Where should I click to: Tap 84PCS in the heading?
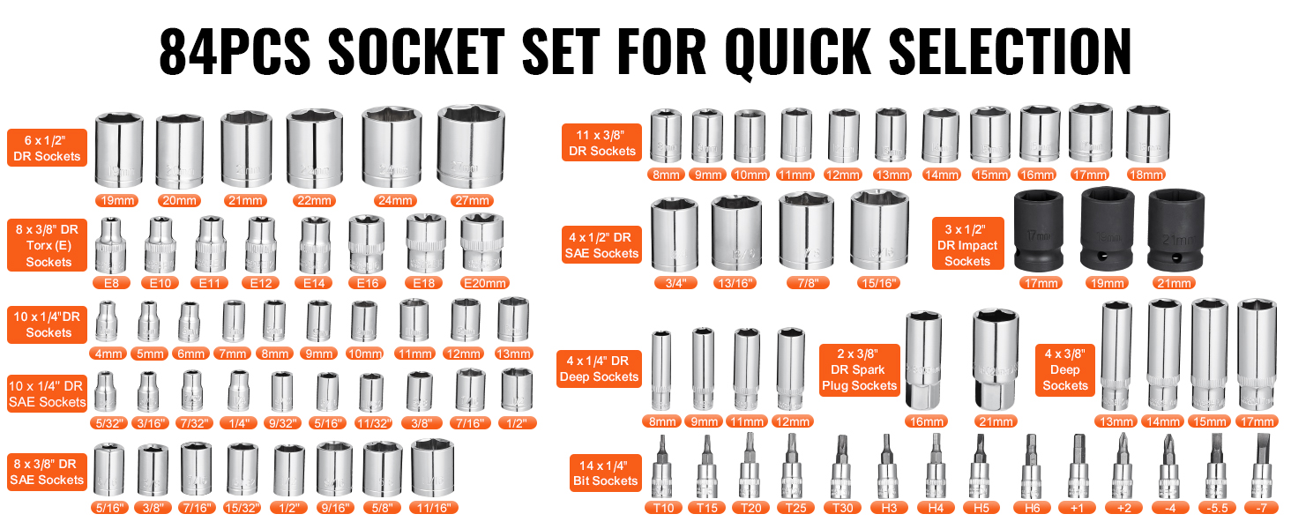(235, 51)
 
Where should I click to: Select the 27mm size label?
(472, 200)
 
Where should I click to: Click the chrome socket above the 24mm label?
(392, 147)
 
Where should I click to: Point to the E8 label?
(111, 283)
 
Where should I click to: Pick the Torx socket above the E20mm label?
(481, 242)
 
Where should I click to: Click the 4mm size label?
(109, 354)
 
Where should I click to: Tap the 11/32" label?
(374, 423)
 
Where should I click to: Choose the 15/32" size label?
(242, 508)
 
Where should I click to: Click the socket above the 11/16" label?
(432, 468)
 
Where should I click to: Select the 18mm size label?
(1145, 175)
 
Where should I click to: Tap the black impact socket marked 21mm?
(1175, 230)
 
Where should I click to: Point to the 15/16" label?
(877, 283)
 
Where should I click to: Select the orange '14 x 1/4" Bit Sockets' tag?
(606, 473)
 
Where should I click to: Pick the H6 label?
(1033, 508)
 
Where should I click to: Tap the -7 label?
(1262, 508)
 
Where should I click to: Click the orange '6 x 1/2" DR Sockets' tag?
(48, 148)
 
